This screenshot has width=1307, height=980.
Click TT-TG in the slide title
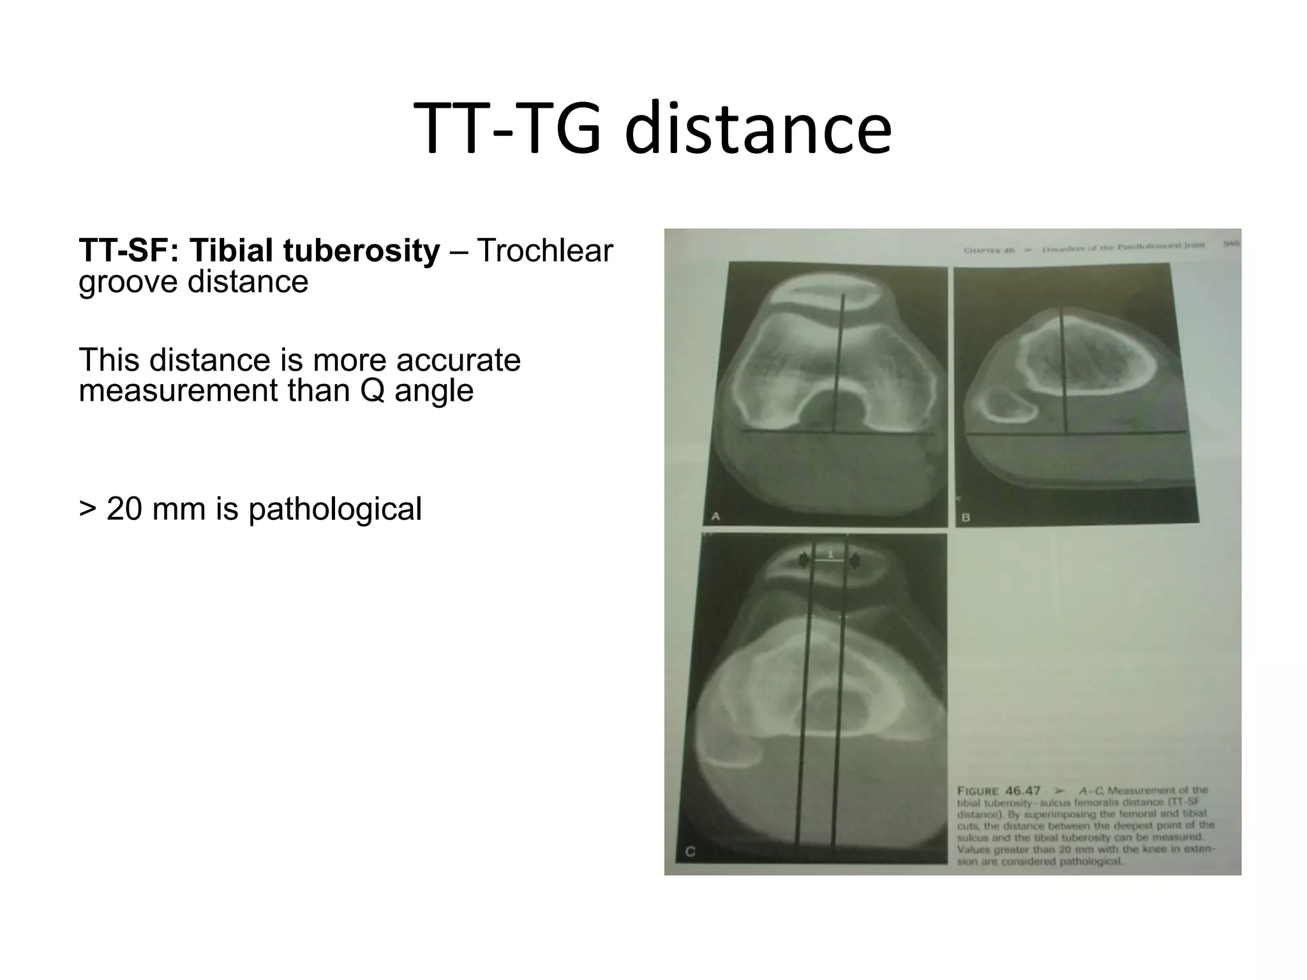[x=507, y=130]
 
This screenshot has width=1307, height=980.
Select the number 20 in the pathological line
[x=124, y=509]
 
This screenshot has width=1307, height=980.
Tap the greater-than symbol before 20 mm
[x=87, y=509]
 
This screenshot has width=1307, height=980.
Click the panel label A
[x=715, y=516]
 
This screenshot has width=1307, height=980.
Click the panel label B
[x=966, y=517]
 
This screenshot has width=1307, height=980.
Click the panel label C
[x=690, y=852]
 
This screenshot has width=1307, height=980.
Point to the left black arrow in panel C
[x=802, y=561]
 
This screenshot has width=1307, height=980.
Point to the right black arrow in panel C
[x=855, y=561]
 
